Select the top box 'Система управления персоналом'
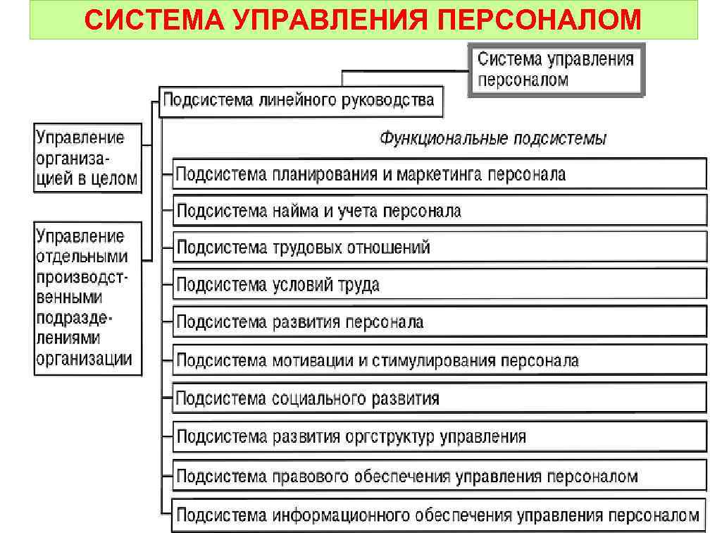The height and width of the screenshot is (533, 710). click(x=556, y=70)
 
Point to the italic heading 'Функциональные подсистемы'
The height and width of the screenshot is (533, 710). click(x=493, y=138)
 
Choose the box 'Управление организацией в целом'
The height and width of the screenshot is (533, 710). click(x=87, y=159)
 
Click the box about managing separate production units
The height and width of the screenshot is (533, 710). click(x=87, y=298)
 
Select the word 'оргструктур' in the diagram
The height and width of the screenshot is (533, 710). click(x=390, y=436)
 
